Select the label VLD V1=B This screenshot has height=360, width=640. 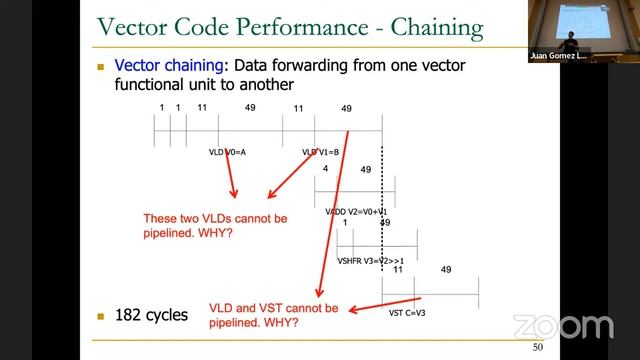321,152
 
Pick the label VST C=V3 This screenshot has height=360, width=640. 407,312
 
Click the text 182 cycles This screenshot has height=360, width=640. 153,315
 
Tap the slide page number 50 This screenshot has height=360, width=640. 537,347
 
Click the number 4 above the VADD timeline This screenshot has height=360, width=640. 325,169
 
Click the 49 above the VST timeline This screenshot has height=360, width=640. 446,269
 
